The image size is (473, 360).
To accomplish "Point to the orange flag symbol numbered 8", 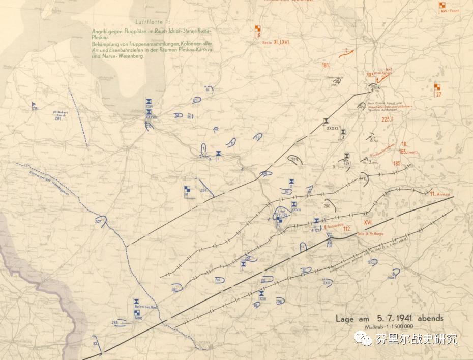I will [258, 31].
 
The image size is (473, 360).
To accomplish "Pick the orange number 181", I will [326, 65].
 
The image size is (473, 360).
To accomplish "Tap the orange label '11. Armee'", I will [439, 194].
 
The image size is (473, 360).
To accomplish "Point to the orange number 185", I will [397, 163].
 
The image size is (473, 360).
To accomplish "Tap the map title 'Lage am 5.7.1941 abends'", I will [389, 318].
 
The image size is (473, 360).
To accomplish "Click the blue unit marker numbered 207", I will [98, 222].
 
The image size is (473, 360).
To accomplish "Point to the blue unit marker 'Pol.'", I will [219, 280].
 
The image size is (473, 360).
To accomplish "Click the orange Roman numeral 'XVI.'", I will [369, 222].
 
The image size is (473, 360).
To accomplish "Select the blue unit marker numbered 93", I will [95, 343].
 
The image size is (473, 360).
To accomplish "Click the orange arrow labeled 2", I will [346, 51].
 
